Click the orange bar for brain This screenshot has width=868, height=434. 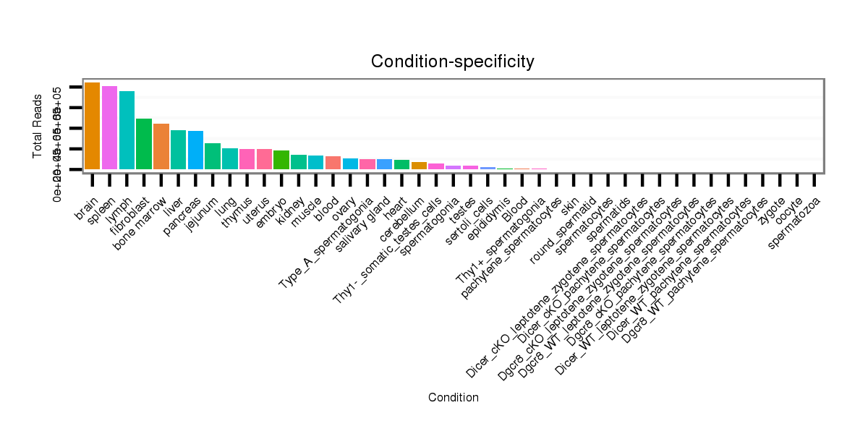[x=92, y=126]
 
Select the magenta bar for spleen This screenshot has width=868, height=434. [x=109, y=128]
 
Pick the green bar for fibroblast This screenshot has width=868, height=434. [x=144, y=144]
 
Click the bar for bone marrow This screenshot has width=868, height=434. [x=161, y=147]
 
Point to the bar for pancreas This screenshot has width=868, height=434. [x=195, y=150]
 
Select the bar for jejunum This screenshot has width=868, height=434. [x=213, y=156]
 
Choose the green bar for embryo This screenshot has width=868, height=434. [x=281, y=160]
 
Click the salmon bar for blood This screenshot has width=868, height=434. [x=333, y=163]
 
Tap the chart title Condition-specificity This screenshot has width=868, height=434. [x=453, y=62]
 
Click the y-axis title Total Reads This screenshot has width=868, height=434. [x=38, y=127]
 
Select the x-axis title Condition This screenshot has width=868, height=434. [x=453, y=397]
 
